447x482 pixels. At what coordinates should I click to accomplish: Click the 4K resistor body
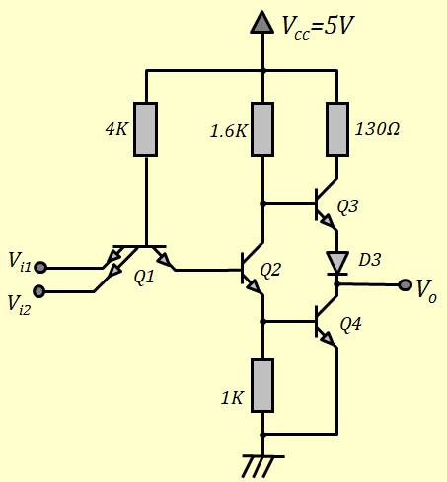click(x=145, y=129)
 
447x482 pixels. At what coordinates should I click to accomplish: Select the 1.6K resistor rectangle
click(x=262, y=129)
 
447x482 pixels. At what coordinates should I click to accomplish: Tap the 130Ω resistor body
click(x=337, y=129)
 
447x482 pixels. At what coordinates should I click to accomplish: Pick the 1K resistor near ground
click(x=262, y=385)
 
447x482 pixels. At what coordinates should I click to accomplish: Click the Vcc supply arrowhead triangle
click(x=262, y=22)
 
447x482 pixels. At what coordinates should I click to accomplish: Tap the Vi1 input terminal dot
click(x=40, y=267)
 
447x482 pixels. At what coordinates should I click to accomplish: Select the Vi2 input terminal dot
click(x=39, y=291)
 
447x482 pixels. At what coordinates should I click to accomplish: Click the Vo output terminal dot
click(x=405, y=284)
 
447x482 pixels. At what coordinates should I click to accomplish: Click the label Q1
click(x=144, y=278)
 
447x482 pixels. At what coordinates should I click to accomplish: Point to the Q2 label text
click(x=270, y=270)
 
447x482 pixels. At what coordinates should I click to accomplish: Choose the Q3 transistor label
click(x=348, y=207)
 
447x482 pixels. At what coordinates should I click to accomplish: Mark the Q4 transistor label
click(x=350, y=324)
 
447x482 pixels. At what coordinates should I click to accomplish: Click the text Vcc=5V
click(x=318, y=27)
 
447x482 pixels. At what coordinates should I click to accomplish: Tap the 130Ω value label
click(x=377, y=129)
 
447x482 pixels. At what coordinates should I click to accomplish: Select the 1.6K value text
click(x=229, y=131)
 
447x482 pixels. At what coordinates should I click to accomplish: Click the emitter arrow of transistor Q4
click(x=327, y=338)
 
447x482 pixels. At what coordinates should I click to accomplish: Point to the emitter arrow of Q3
click(x=327, y=221)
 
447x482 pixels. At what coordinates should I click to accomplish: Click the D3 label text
click(x=370, y=260)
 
